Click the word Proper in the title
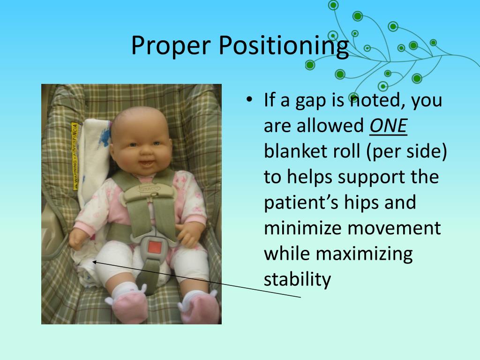pyautogui.click(x=171, y=45)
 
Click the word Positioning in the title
pyautogui.click(x=284, y=45)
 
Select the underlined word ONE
pyautogui.click(x=388, y=126)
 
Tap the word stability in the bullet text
pyautogui.click(x=297, y=279)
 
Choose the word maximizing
pyautogui.click(x=364, y=254)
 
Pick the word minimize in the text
pyautogui.click(x=303, y=228)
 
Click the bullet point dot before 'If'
pyautogui.click(x=249, y=99)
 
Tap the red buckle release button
pyautogui.click(x=154, y=247)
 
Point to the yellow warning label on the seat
pyautogui.click(x=75, y=156)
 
